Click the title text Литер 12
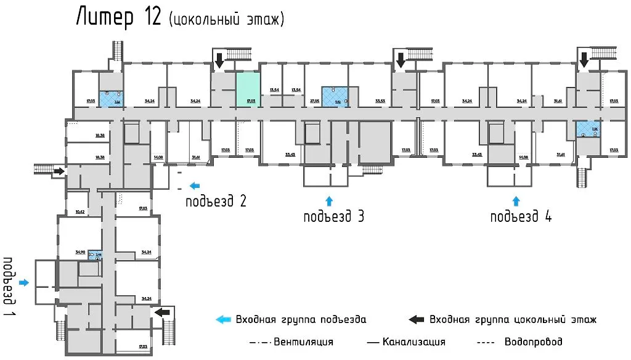[x=119, y=18]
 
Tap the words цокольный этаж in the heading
[x=226, y=20]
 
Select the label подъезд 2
[x=218, y=200]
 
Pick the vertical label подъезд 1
[x=9, y=280]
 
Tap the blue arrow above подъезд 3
[x=328, y=200]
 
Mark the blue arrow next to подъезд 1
[x=24, y=282]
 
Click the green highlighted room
[x=248, y=90]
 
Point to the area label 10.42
[x=79, y=211]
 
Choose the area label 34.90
[x=79, y=252]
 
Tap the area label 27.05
[x=314, y=100]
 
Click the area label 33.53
[x=380, y=100]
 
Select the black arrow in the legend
[x=417, y=319]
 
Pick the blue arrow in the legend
[x=222, y=319]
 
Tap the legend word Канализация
[x=413, y=342]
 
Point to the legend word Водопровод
[x=533, y=342]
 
